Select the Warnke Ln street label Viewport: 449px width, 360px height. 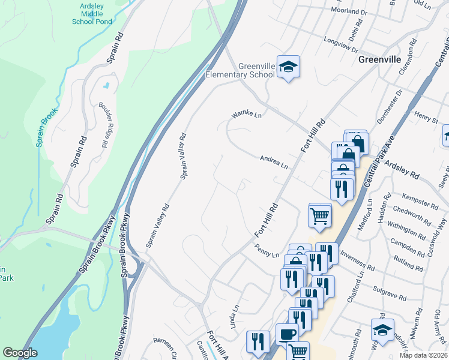(247, 115)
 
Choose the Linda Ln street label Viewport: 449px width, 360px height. (235, 317)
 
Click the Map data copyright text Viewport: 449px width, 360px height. (423, 355)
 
